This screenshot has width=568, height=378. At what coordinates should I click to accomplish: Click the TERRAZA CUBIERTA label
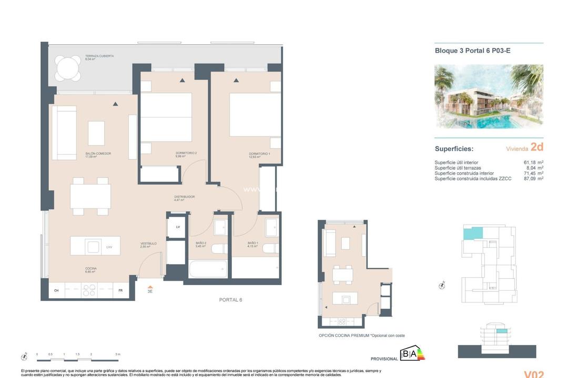point(99,56)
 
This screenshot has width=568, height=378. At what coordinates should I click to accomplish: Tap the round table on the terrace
point(69,69)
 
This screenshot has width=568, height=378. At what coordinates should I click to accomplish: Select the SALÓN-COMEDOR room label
point(98,154)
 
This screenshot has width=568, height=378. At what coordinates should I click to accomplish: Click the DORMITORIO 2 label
point(186,154)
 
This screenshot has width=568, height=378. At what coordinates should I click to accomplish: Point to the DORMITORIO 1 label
point(260,154)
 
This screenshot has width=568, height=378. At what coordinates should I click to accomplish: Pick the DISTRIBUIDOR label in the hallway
point(185,197)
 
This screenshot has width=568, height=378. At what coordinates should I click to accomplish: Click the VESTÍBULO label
point(148,244)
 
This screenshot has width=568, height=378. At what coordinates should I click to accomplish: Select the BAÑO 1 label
point(253,244)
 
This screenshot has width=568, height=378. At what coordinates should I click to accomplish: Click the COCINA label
point(91,268)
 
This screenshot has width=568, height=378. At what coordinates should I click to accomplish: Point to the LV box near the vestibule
point(178,227)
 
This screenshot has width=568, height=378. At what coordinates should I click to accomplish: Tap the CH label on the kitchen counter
point(56,290)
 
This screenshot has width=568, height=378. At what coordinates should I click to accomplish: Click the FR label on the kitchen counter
point(120,290)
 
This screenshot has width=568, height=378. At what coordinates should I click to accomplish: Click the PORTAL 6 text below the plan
point(230,300)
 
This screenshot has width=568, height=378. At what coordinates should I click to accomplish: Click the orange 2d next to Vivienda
point(536,148)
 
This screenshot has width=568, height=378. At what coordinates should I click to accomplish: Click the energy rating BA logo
point(413,354)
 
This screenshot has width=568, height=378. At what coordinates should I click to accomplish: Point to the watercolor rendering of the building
point(489,97)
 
